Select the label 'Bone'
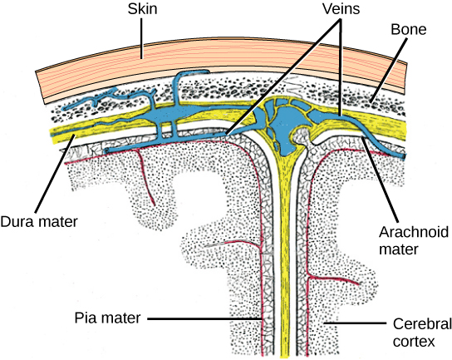pos(410,29)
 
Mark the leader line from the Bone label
pos(391,69)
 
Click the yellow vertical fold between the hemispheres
pos(285,249)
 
